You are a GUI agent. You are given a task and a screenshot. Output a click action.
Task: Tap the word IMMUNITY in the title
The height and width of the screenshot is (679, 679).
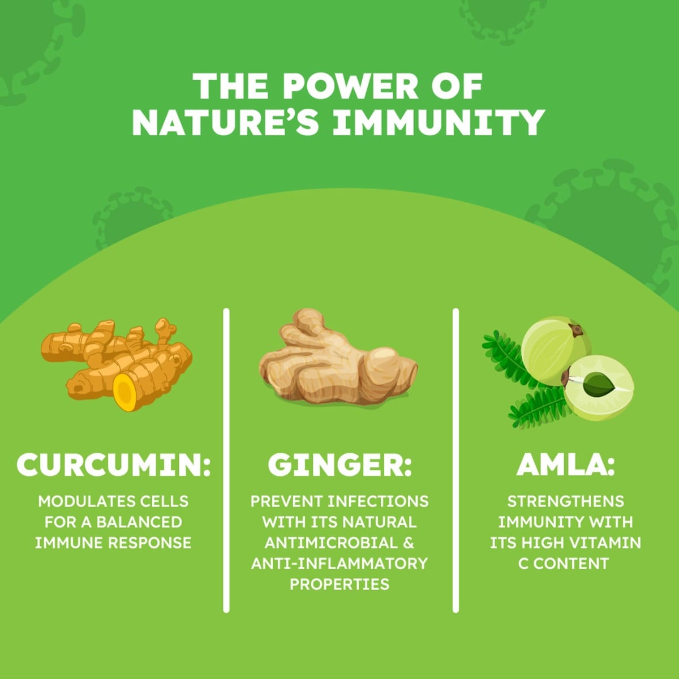[438, 122]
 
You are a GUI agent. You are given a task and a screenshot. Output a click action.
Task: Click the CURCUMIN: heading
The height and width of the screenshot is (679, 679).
[113, 466]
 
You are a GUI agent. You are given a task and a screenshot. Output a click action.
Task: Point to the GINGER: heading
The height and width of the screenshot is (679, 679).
[339, 466]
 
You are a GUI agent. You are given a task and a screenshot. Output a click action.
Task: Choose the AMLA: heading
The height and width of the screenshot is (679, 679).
[565, 466]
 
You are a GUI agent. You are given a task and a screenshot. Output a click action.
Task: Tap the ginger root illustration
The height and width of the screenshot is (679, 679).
[338, 359]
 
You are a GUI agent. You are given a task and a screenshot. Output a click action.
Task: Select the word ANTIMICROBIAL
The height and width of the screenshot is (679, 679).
[331, 543]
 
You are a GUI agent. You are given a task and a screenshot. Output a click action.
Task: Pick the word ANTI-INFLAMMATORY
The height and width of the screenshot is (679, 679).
[339, 564]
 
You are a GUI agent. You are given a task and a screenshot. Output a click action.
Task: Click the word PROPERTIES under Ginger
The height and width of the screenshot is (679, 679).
[339, 584]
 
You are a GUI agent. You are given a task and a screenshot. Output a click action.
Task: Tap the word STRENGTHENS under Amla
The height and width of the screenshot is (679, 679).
[565, 501]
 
